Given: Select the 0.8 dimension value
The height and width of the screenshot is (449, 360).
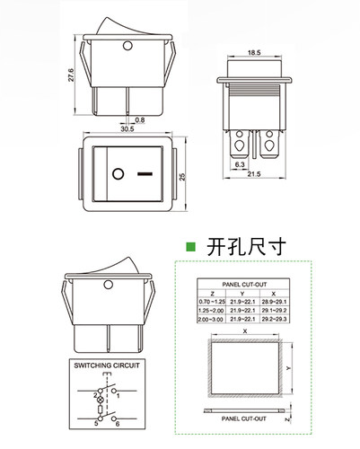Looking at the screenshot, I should coord(140,119).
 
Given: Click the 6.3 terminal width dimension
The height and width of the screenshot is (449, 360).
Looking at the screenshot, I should coord(241,165).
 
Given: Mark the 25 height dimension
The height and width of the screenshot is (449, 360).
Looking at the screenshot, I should coord(183,177).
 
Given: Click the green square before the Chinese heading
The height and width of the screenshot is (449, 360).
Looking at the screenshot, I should coord(189,245).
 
